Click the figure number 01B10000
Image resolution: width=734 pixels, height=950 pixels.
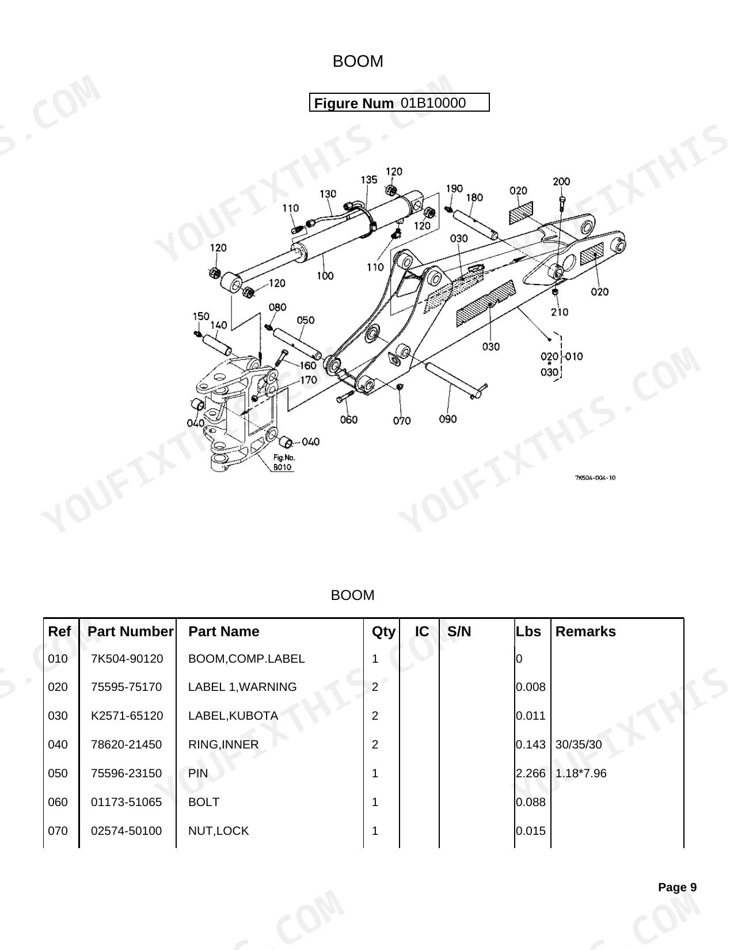[x=433, y=103]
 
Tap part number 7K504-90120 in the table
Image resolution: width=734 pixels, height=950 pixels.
[x=127, y=659]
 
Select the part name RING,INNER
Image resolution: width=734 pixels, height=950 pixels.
[x=223, y=744]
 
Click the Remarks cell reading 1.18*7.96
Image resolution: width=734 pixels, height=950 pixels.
[x=580, y=773]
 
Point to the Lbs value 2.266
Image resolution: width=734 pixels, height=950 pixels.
[x=530, y=773]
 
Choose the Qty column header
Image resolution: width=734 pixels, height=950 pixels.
[x=383, y=632]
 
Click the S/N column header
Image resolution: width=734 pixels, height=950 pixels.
[x=459, y=631]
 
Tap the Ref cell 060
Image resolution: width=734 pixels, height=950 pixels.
[x=58, y=802]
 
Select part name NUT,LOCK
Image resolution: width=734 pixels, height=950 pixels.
[x=218, y=831]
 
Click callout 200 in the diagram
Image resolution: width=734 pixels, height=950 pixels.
[x=561, y=181]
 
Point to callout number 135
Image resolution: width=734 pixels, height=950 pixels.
[x=368, y=180]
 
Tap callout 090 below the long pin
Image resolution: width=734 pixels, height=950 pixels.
[x=448, y=419]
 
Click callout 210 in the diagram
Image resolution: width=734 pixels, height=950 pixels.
[x=559, y=311]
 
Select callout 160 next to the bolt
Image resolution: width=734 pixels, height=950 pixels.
[x=308, y=366]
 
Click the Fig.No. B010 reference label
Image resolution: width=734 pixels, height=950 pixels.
[x=284, y=462]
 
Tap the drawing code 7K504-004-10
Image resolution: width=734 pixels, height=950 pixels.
[x=595, y=478]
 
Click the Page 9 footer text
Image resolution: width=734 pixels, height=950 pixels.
[x=677, y=887]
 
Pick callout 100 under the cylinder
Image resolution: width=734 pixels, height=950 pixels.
[x=325, y=276]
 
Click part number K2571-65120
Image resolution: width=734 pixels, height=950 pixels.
[x=127, y=715]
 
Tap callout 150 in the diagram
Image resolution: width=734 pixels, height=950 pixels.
[x=201, y=316]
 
